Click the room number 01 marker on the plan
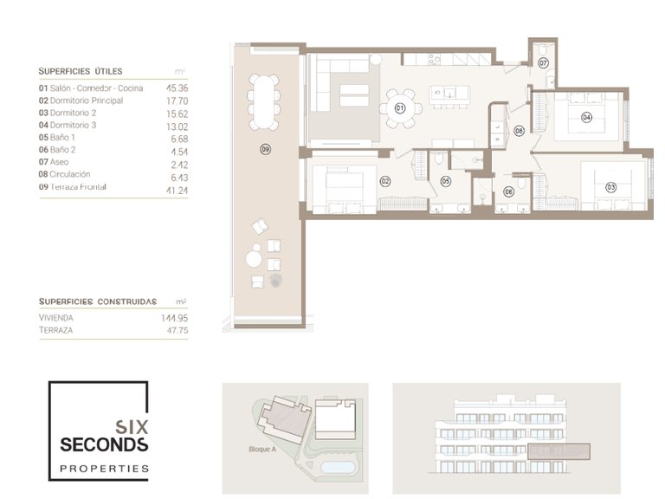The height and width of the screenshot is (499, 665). coord(400,108)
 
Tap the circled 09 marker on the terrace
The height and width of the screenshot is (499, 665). coord(265,149)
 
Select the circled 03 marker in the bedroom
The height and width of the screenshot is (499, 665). coord(610,186)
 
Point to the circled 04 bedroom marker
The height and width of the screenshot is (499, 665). coord(586,116)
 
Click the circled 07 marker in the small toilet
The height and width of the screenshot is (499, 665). coord(543,63)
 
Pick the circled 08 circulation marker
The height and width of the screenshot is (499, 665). coord(520,131)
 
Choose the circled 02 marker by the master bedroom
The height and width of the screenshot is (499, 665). coord(384,181)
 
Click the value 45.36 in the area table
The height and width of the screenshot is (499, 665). coord(178,87)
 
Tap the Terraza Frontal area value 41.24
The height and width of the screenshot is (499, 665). coord(177,186)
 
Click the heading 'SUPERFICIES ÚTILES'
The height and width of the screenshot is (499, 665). coord(81,71)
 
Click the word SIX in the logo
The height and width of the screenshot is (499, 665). coord(131,426)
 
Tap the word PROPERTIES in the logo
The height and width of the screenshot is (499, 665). coord(104,469)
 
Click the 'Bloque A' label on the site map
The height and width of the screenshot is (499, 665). coord(261,450)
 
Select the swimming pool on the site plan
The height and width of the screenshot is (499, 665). coord(335,468)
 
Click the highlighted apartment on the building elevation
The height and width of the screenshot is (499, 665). coord(558,450)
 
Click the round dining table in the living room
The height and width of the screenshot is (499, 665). coord(400,108)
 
